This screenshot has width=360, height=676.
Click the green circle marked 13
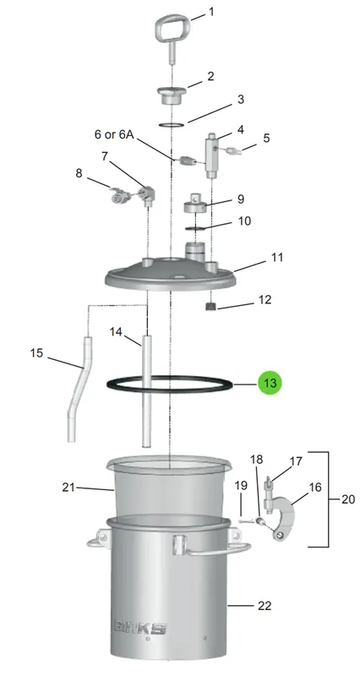point(270,383)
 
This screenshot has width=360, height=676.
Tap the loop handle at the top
point(172,28)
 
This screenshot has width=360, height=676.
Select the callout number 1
point(211,12)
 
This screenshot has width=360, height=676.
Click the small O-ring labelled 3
point(172,125)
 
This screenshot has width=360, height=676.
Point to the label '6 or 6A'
point(115,134)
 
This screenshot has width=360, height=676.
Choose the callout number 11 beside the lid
point(277,258)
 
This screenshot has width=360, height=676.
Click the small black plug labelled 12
point(211,306)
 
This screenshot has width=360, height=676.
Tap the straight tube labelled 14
point(146,391)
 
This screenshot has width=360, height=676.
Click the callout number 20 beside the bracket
point(348,499)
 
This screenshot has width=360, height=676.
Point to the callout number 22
point(265,606)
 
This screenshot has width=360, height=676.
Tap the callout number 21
point(68,488)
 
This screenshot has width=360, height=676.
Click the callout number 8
point(79,173)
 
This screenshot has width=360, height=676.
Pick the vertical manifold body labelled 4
point(211,155)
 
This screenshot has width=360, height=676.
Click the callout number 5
point(266,138)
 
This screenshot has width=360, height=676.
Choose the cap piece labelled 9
point(196,204)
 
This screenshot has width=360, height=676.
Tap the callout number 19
point(241,485)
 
